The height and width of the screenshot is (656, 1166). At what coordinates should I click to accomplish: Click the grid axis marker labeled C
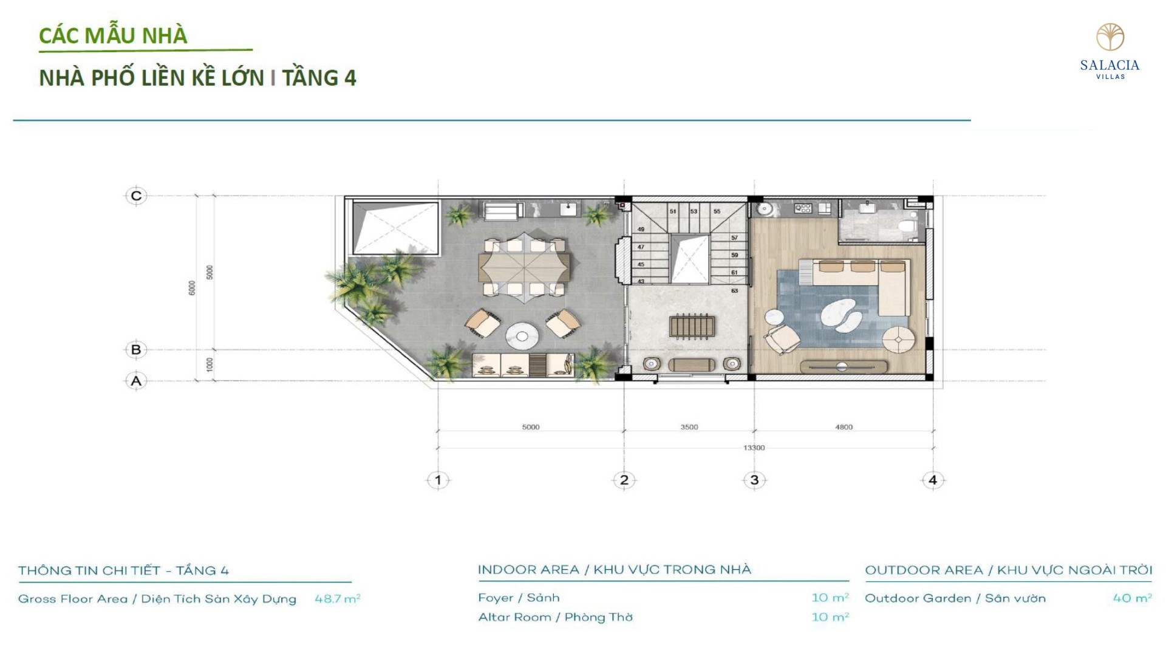(x=136, y=196)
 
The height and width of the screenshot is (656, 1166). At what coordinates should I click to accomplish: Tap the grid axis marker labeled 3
(x=754, y=480)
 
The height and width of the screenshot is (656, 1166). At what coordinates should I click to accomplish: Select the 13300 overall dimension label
(x=754, y=448)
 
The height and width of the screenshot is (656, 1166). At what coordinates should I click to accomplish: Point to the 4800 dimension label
(x=844, y=427)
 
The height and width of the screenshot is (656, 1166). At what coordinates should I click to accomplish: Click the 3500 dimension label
(x=689, y=427)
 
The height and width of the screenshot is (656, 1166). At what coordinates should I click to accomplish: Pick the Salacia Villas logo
(x=1110, y=52)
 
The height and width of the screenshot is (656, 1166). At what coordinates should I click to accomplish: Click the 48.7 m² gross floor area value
(x=338, y=599)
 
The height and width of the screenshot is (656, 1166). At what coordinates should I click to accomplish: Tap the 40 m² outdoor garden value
(x=1132, y=598)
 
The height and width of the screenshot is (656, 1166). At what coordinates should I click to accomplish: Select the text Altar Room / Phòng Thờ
(x=555, y=617)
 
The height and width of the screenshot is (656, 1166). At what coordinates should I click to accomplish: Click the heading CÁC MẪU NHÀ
(x=113, y=35)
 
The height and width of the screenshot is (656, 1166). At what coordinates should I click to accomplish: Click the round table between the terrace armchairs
(x=522, y=335)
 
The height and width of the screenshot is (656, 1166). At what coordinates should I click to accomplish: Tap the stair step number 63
(x=734, y=291)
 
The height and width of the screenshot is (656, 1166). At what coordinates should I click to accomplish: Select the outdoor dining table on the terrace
(x=525, y=265)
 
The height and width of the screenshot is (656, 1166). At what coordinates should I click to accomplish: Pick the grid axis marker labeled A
(x=136, y=381)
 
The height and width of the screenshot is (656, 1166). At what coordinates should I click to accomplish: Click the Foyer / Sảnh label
(x=519, y=598)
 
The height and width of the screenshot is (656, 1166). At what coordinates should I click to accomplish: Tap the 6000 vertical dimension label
(x=192, y=288)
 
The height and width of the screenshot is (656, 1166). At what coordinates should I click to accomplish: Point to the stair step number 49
(x=641, y=230)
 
